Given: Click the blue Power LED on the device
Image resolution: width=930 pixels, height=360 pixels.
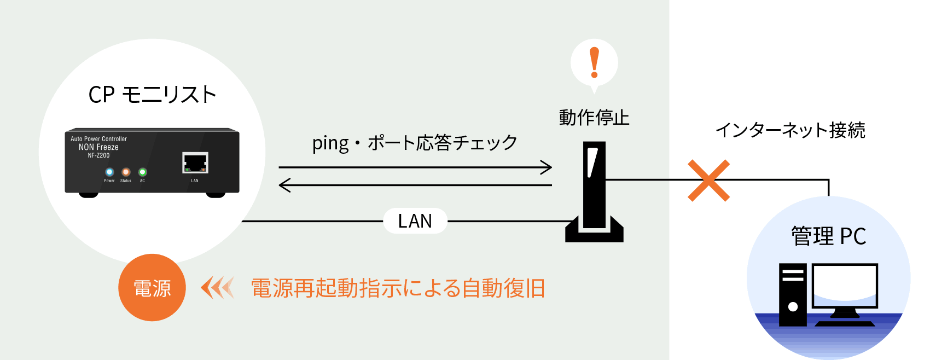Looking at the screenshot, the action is click(109, 172).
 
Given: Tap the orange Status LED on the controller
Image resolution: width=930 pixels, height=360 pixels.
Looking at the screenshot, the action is click(126, 172).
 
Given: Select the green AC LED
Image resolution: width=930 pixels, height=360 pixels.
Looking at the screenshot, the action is click(142, 172).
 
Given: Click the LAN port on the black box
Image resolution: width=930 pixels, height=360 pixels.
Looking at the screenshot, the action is click(195, 163).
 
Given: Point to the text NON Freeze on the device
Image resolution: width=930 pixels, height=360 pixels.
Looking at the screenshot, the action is click(99, 147).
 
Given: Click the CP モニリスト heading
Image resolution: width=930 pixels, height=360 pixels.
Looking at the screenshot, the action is click(153, 94).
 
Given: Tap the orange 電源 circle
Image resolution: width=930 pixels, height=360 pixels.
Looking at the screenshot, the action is click(152, 287).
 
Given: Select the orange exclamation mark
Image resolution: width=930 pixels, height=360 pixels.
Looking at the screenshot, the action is click(594, 63).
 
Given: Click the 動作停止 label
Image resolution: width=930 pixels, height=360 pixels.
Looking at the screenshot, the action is click(594, 118).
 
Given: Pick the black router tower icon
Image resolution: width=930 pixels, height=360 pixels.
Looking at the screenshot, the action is click(594, 192).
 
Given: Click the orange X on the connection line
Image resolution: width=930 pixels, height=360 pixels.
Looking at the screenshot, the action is click(708, 181).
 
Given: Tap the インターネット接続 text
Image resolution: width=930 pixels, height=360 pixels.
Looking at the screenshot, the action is click(790, 130).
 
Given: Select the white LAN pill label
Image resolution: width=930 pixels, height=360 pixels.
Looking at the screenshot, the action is click(415, 221).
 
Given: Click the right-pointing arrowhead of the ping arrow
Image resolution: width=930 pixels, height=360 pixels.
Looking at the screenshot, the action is click(547, 167).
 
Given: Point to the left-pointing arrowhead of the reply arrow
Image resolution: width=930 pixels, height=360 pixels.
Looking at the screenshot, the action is click(284, 185).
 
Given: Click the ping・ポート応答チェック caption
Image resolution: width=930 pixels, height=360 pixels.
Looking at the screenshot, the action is click(415, 142).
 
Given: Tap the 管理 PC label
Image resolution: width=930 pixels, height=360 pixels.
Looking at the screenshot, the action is click(828, 236).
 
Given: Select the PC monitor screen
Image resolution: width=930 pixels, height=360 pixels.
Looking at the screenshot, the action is click(845, 286).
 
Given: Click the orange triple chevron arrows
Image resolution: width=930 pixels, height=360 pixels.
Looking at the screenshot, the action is click(218, 287).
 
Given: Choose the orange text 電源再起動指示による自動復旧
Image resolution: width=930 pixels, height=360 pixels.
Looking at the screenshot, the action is click(398, 288).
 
